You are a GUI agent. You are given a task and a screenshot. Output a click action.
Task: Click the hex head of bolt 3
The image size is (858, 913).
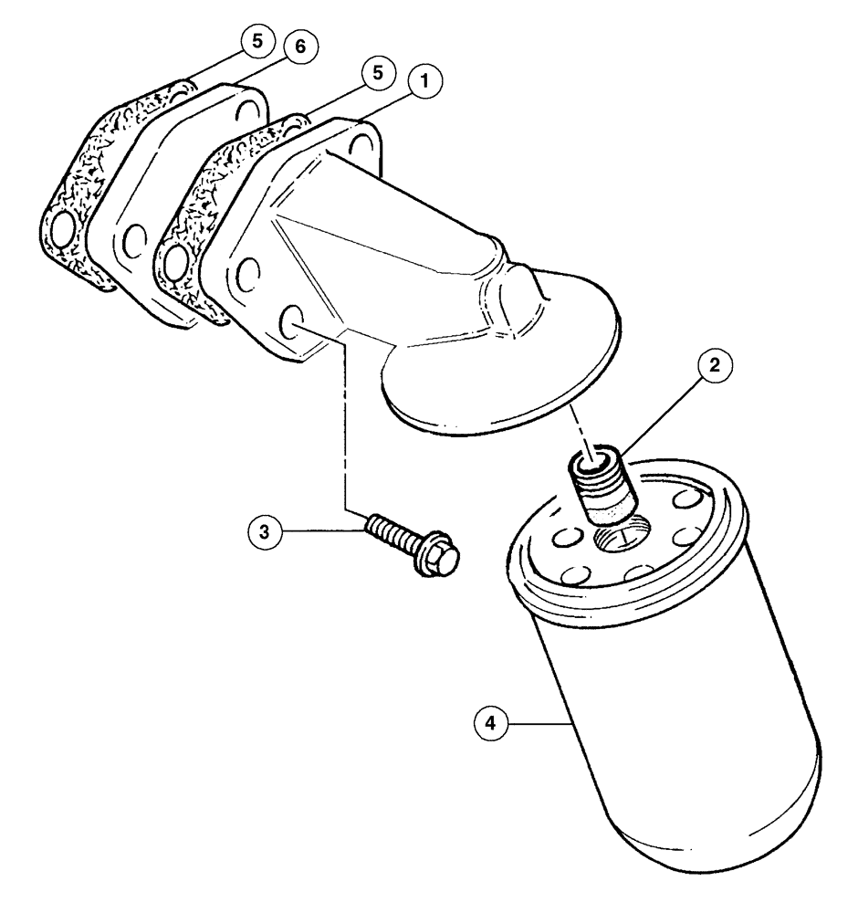point(436,558)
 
